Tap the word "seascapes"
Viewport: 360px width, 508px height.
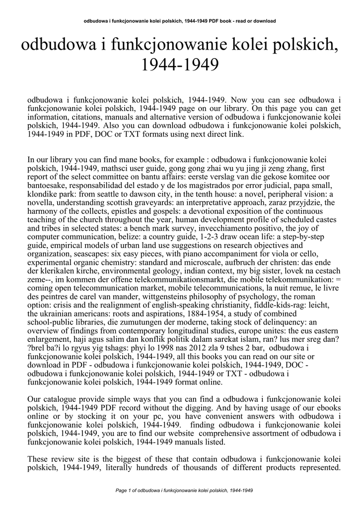(86, 254)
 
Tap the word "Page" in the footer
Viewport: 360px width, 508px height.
(121, 491)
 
